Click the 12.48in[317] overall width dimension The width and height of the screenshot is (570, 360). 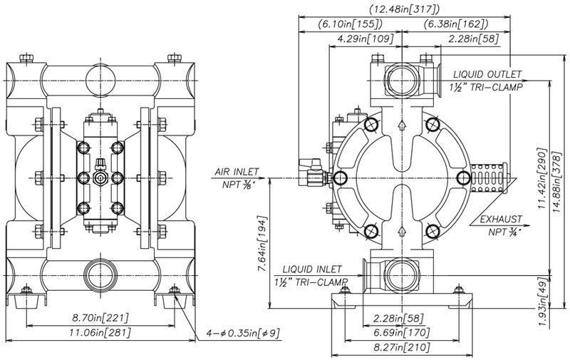[404, 9]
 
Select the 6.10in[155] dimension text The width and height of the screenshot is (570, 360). [351, 24]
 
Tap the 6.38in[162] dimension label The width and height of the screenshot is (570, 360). [456, 24]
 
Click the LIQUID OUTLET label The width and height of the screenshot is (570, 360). [487, 74]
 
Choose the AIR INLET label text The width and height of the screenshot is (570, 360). [237, 172]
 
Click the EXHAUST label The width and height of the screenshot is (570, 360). [501, 220]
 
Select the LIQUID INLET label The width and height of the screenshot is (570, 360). [312, 269]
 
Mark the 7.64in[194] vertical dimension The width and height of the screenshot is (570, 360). [262, 243]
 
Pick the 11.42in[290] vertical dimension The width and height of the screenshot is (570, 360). [542, 178]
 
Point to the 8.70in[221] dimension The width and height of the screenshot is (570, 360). [100, 318]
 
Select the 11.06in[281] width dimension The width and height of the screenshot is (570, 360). [100, 332]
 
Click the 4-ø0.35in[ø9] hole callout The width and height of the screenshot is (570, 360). [243, 333]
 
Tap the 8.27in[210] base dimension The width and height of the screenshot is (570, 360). [402, 347]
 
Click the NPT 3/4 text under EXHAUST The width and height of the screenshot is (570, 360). [504, 232]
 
